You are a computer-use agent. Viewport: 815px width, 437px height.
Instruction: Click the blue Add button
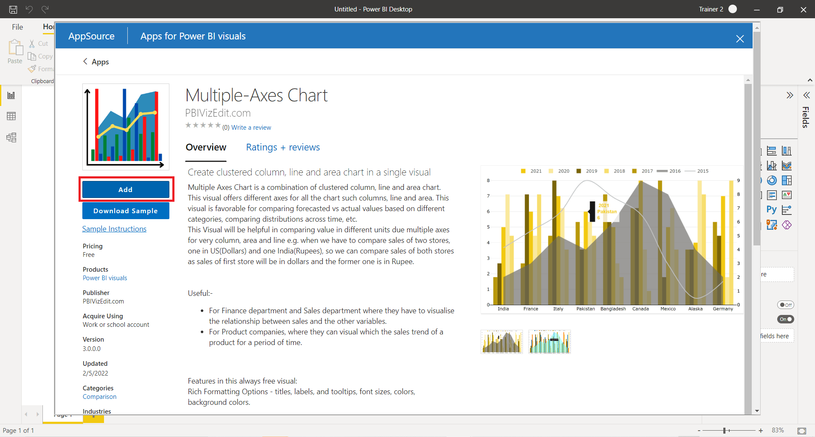(x=126, y=189)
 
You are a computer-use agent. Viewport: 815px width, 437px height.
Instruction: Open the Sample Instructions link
(x=114, y=229)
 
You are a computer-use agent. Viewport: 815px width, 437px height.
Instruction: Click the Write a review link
(x=251, y=128)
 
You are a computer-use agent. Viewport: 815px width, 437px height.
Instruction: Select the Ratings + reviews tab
(x=283, y=148)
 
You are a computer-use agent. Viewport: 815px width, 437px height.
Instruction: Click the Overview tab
(x=206, y=148)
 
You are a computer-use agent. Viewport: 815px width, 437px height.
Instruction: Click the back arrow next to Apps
(x=85, y=61)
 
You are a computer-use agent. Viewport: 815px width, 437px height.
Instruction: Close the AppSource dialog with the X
(x=740, y=39)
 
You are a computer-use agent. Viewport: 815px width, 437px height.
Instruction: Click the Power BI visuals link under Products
(x=105, y=278)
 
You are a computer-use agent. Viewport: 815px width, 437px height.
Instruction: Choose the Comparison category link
(x=99, y=397)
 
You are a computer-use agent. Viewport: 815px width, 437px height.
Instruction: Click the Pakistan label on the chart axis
(x=585, y=309)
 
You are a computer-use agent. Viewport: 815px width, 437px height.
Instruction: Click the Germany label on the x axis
(x=722, y=309)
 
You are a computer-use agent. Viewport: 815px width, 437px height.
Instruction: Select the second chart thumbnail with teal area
(x=549, y=342)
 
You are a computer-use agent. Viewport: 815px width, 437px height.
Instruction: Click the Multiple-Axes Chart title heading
(x=256, y=95)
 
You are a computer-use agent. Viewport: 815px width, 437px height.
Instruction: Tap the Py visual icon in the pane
(x=771, y=210)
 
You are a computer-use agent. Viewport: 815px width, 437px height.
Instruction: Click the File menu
(x=17, y=27)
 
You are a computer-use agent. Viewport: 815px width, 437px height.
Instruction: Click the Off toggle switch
(x=785, y=305)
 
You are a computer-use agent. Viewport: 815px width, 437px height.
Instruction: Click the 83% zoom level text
(x=778, y=430)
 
